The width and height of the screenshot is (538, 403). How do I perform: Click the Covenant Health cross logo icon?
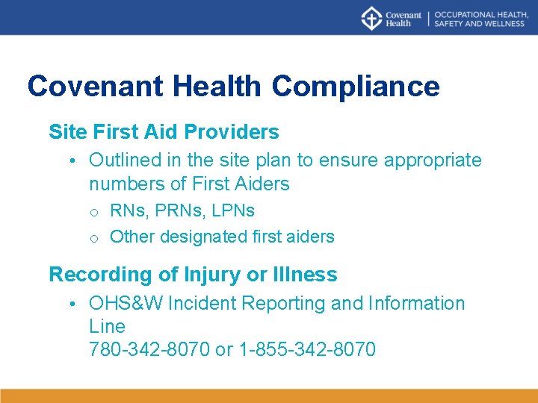click(x=371, y=18)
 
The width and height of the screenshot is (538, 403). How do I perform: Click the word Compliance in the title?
click(x=356, y=86)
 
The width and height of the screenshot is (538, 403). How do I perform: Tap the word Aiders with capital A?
click(x=262, y=183)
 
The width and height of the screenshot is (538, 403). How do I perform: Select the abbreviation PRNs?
click(x=177, y=210)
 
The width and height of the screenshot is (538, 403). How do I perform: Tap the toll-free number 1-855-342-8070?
click(x=306, y=349)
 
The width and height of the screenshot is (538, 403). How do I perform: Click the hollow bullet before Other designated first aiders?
click(x=95, y=238)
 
